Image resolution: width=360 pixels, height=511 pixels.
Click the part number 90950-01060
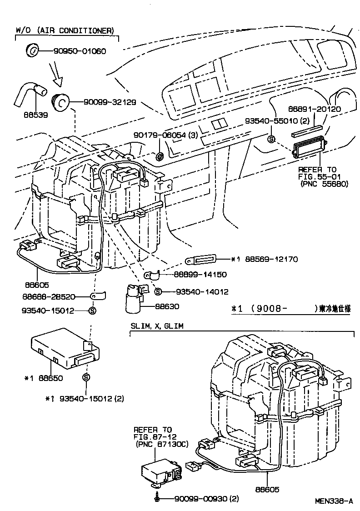pyautogui.click(x=81, y=51)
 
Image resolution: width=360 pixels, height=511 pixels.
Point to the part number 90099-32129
pyautogui.click(x=109, y=103)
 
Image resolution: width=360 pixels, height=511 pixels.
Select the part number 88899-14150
pyautogui.click(x=200, y=274)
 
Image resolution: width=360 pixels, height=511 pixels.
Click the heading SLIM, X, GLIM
pyautogui.click(x=157, y=326)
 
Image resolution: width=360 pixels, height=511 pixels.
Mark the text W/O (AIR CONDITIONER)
pyautogui.click(x=65, y=30)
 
